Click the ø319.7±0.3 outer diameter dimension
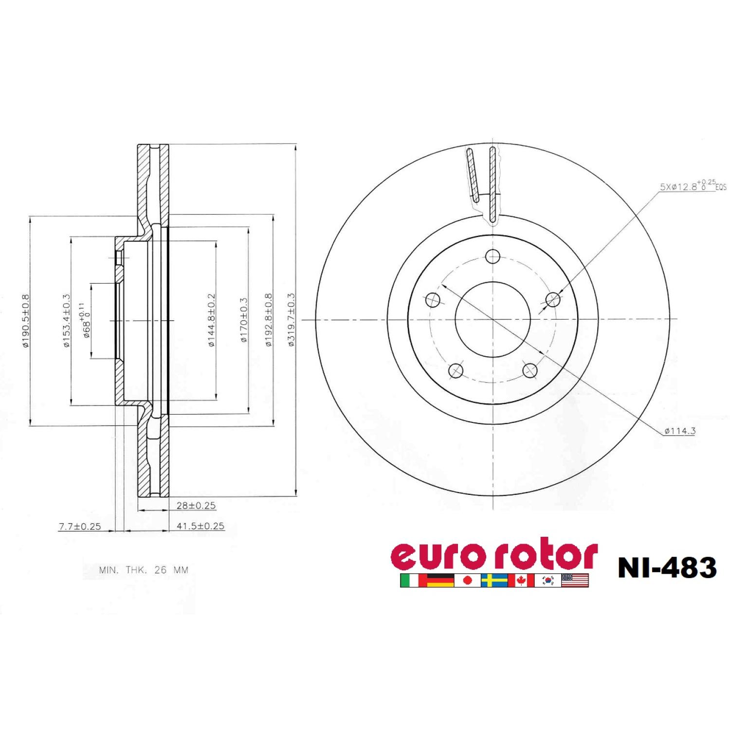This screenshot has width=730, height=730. click(291, 320)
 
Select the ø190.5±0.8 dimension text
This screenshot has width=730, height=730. click(26, 320)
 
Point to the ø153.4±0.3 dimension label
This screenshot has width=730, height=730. click(66, 320)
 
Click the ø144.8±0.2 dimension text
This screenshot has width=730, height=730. click(211, 320)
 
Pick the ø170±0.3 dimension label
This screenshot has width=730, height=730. click(244, 320)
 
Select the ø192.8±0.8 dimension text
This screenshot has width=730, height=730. click(268, 320)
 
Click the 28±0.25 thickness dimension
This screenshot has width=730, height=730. click(196, 506)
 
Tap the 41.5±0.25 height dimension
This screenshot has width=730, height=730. click(200, 526)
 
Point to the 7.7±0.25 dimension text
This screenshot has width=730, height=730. click(80, 526)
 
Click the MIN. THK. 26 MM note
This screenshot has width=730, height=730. click(144, 570)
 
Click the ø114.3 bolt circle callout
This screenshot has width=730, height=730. click(679, 431)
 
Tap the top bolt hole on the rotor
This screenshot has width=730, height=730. click(493, 256)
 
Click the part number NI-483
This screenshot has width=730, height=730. click(667, 567)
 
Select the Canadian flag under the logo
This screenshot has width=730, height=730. click(521, 580)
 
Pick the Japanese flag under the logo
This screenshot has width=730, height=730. click(467, 580)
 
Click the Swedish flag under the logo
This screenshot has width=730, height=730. click(494, 580)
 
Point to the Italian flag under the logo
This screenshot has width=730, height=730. click(409, 580)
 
